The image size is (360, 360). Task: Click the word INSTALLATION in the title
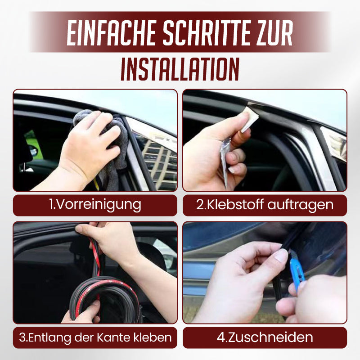(x=180, y=68)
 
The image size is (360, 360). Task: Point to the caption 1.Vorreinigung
(x=95, y=205)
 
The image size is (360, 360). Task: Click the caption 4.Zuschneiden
(x=265, y=337)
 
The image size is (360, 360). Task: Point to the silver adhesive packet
(x=225, y=157)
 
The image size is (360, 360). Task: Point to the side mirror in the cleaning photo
(x=33, y=151)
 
